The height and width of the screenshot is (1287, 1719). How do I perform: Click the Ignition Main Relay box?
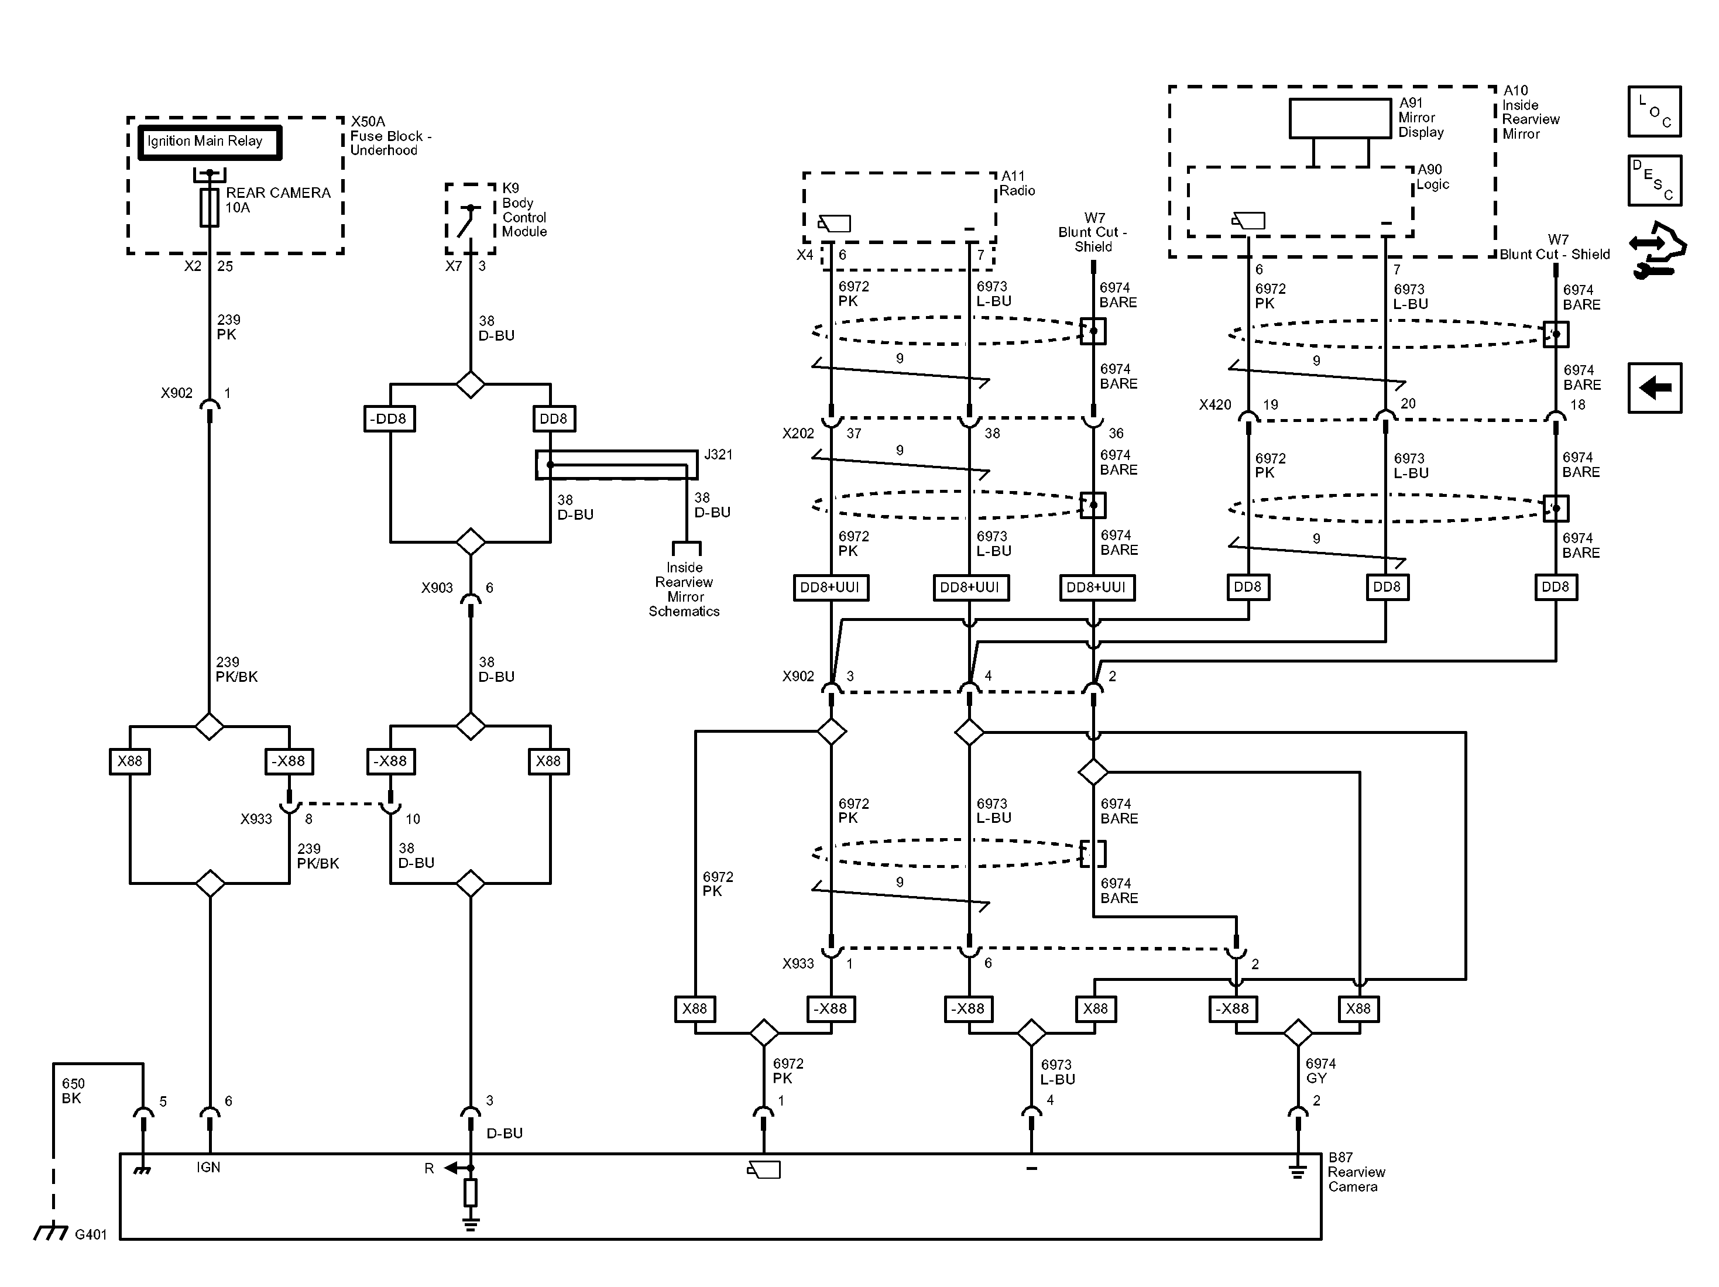pos(209,143)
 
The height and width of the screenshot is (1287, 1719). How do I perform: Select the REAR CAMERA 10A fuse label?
pos(277,200)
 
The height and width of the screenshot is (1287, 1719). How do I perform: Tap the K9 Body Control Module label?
pos(524,210)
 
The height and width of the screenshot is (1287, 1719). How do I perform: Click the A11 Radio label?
pos(1017,183)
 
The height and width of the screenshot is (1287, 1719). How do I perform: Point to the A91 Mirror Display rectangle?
pos(1340,118)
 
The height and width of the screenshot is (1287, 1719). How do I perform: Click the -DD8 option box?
pos(389,419)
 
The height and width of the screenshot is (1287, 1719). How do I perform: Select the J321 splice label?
pos(718,455)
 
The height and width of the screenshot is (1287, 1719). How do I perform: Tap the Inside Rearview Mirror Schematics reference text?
pos(684,589)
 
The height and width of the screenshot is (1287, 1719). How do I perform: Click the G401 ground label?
pos(90,1234)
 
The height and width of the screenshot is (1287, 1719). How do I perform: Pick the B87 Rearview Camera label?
pos(1356,1172)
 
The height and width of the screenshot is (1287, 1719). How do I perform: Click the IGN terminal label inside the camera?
pos(208,1168)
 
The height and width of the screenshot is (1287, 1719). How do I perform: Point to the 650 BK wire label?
pos(73,1090)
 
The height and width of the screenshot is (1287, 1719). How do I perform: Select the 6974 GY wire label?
pos(1320,1071)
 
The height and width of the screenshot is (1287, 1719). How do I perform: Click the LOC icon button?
pos(1655,112)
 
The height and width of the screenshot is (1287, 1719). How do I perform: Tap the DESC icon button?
pos(1655,180)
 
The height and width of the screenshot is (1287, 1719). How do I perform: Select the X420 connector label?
pos(1214,405)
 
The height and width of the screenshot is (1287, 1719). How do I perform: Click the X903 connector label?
pos(437,588)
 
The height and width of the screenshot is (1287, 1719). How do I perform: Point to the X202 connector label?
pos(798,434)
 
